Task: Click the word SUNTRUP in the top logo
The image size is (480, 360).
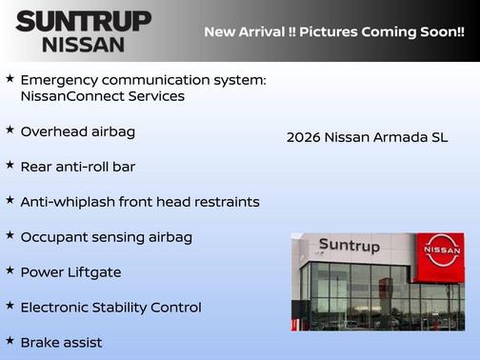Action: [x=83, y=20]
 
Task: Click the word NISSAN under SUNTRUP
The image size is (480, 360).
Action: [x=83, y=44]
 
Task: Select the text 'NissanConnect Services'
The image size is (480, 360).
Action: [x=102, y=96]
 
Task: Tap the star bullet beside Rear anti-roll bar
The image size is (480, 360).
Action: [x=10, y=166]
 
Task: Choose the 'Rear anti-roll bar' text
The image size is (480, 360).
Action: [x=78, y=167]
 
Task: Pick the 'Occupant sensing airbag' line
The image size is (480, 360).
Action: [x=106, y=237]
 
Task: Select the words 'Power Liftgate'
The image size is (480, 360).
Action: [x=70, y=272]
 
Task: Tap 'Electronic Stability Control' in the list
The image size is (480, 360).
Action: [x=110, y=308]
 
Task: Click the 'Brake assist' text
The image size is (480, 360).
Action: [x=61, y=342]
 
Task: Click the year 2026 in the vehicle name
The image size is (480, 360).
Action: [x=303, y=138]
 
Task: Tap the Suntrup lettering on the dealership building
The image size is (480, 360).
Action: [x=349, y=246]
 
